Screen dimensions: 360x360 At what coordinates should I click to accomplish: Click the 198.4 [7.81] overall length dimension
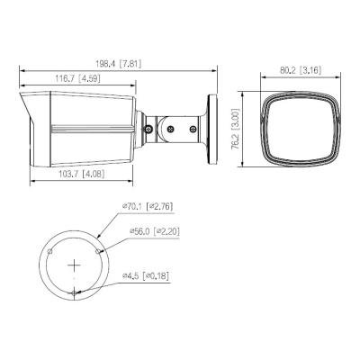click(119, 64)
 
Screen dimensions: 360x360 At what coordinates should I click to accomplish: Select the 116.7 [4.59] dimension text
click(77, 78)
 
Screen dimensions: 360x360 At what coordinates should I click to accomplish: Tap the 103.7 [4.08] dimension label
click(82, 174)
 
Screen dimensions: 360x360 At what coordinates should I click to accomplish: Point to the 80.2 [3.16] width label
click(301, 70)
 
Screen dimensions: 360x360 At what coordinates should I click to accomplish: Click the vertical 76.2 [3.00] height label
click(236, 130)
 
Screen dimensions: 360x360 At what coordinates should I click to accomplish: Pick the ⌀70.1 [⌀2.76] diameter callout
click(148, 206)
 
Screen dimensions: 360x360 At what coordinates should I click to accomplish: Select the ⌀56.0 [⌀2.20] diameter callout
click(155, 231)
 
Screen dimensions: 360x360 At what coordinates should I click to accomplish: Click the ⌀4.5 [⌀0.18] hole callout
click(146, 275)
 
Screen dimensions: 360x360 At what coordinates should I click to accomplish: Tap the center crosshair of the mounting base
click(74, 265)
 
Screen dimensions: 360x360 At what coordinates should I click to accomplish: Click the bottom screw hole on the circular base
click(74, 293)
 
